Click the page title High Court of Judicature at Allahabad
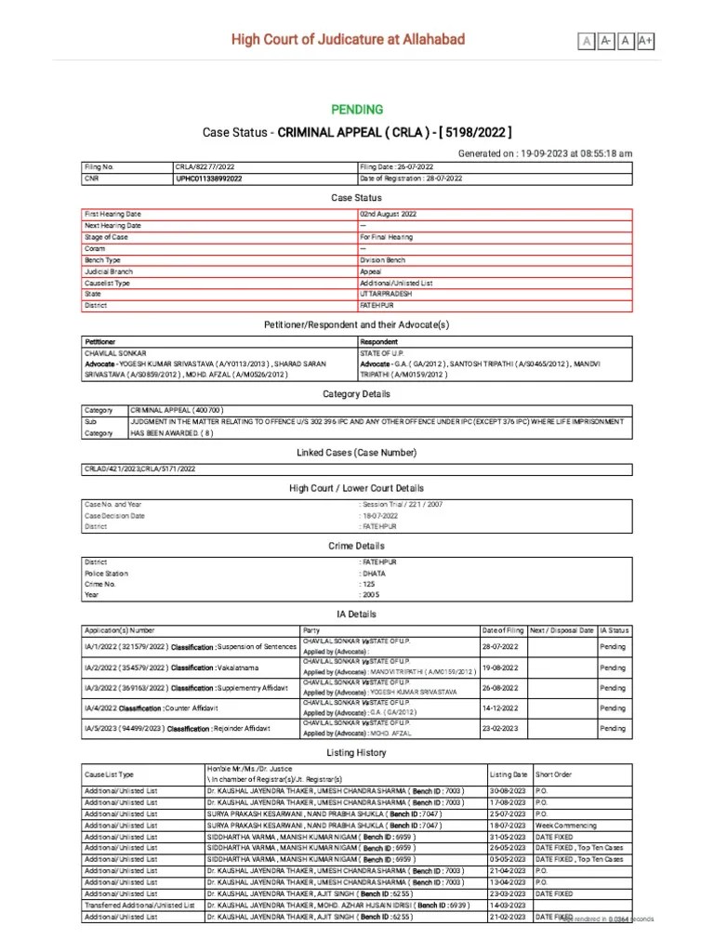tap(348, 39)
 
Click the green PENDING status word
tap(357, 110)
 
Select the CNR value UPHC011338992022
tap(209, 178)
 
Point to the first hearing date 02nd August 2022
tap(389, 214)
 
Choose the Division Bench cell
tap(382, 260)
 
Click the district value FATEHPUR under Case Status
tap(377, 305)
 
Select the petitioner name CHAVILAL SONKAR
tap(116, 353)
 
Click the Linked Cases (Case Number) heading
tap(357, 452)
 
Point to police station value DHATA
tap(375, 574)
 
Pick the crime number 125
tap(370, 584)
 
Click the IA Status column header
tap(615, 630)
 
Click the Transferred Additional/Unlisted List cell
tap(139, 905)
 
